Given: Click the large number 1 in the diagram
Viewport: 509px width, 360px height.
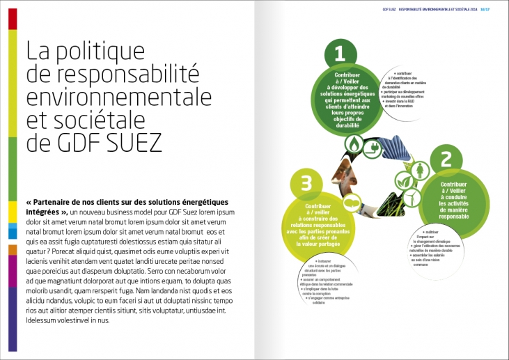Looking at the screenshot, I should [x=339, y=54].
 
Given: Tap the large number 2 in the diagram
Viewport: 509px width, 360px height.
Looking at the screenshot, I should [x=446, y=160].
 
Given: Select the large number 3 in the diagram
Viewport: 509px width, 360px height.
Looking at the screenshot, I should [x=306, y=183].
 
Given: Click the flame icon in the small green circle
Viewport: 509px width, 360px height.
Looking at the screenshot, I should [x=354, y=145].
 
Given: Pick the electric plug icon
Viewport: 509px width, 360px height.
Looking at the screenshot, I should [x=373, y=148].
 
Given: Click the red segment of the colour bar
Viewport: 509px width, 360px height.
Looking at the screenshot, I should [x=13, y=19].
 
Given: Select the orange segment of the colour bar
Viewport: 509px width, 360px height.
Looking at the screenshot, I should [x=13, y=249].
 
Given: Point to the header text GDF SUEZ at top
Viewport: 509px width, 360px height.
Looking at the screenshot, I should [x=373, y=9].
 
